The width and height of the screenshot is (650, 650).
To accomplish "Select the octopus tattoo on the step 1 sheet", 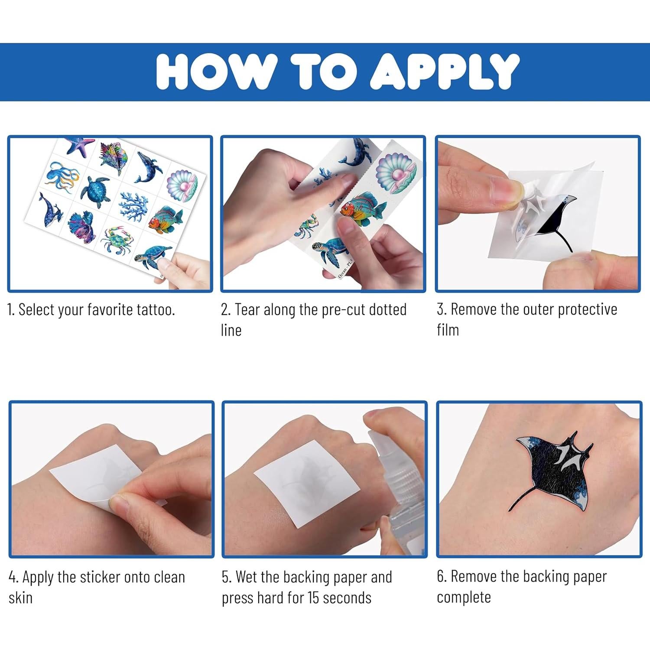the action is click(63, 176).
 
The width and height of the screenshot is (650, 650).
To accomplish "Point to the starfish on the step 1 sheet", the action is click(80, 146).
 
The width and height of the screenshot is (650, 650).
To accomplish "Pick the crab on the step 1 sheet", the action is click(114, 239).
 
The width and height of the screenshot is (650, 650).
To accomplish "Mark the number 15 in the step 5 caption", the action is click(314, 598).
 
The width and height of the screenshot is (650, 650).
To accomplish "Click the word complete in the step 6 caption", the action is click(464, 598).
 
